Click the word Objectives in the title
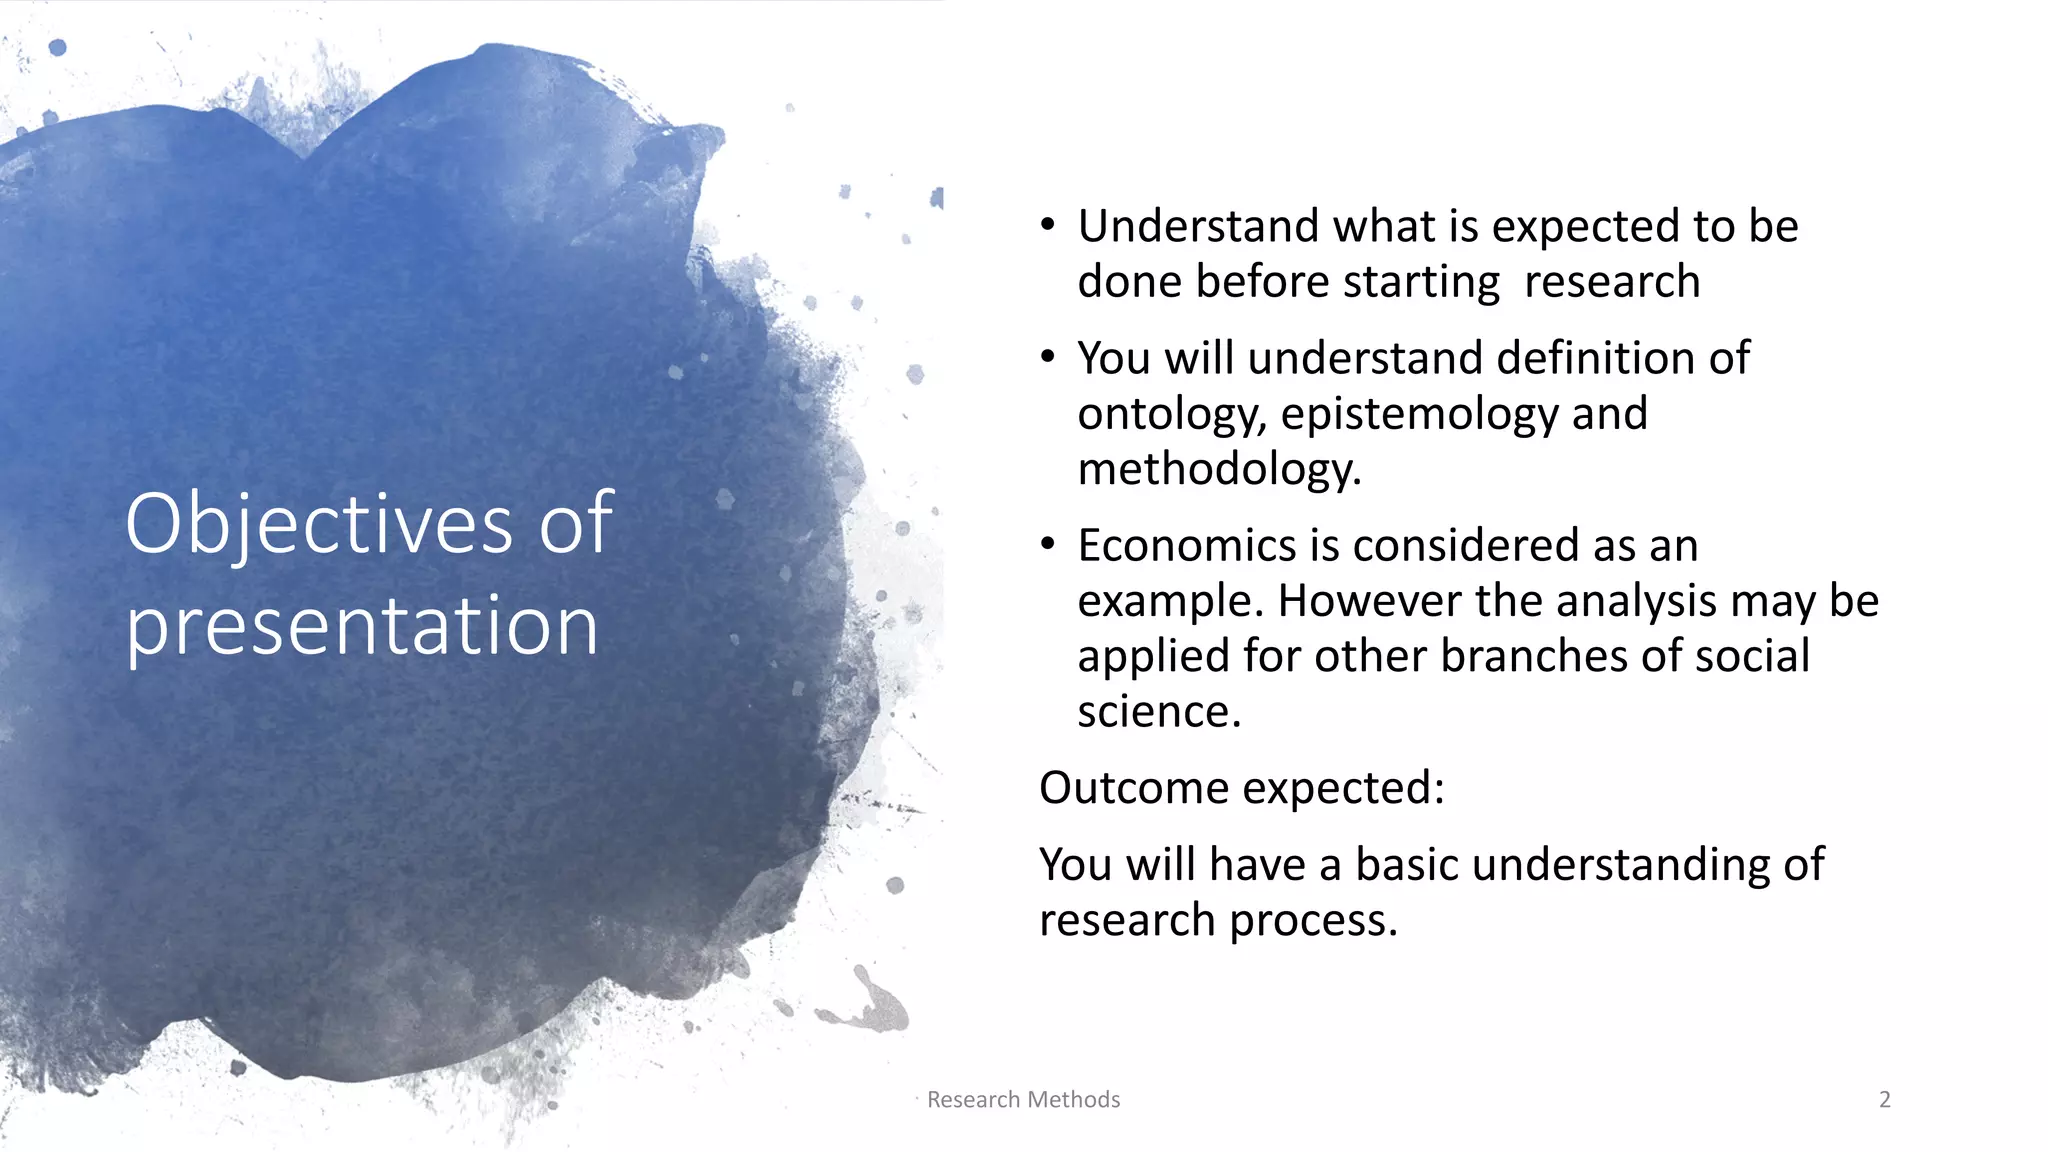tap(318, 525)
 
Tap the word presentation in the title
tap(362, 627)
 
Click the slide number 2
tap(1884, 1099)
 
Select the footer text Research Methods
tap(1023, 1099)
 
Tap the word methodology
tap(1218, 469)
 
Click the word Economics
tap(1186, 546)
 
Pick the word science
tap(1158, 712)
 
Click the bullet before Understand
tap(1047, 225)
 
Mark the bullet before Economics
tap(1047, 544)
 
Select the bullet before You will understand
tap(1047, 357)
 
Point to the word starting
tap(1421, 283)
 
